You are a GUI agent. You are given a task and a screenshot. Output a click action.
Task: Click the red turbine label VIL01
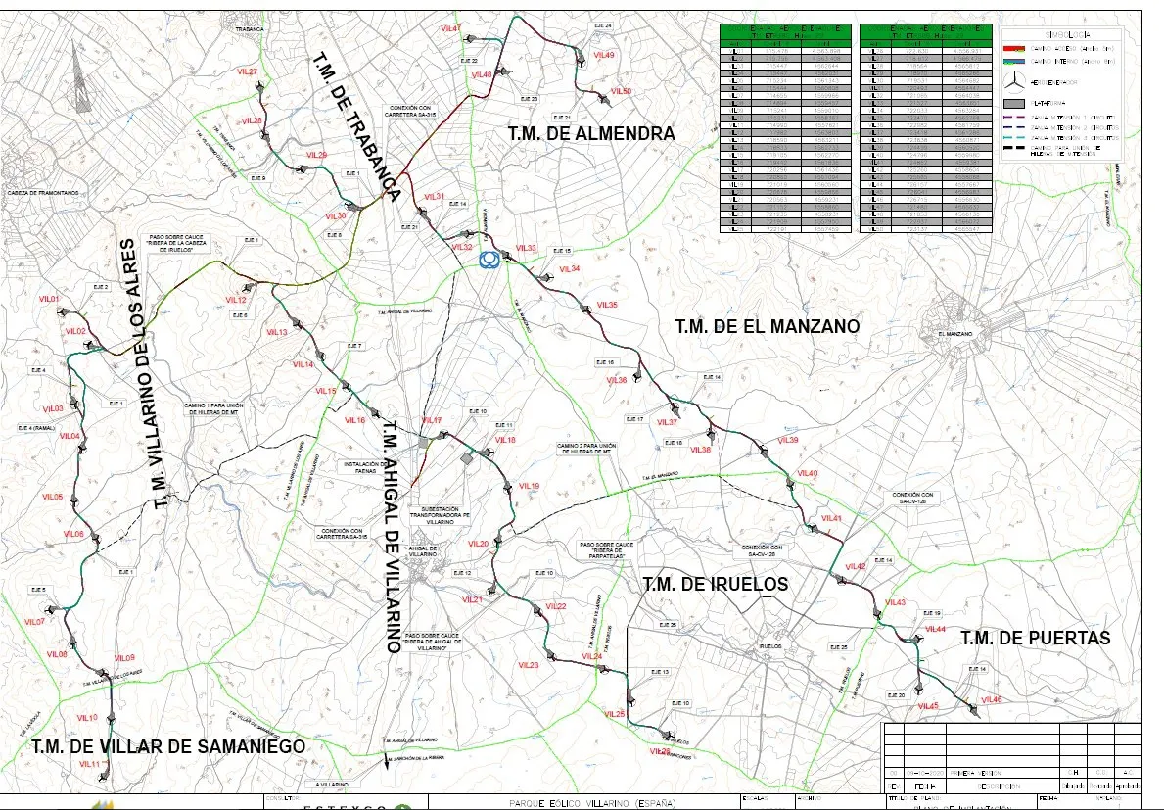tap(50, 298)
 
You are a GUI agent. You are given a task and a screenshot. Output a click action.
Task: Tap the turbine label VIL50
tap(621, 91)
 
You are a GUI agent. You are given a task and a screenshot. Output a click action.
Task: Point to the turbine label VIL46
tap(991, 699)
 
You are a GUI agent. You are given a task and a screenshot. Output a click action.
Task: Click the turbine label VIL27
tap(247, 72)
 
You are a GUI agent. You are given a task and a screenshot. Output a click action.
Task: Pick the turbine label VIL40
tap(808, 474)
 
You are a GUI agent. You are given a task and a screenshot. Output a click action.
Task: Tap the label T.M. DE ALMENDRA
tap(591, 133)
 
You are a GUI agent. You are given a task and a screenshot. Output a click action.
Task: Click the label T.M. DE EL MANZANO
tap(767, 325)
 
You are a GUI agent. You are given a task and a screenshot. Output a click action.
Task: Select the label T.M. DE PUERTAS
tap(1035, 638)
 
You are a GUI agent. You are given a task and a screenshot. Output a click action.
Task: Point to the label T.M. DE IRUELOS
tap(715, 585)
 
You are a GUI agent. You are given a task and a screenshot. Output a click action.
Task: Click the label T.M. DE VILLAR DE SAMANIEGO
tap(168, 746)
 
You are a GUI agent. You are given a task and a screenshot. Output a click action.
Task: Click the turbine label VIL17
tap(432, 420)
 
